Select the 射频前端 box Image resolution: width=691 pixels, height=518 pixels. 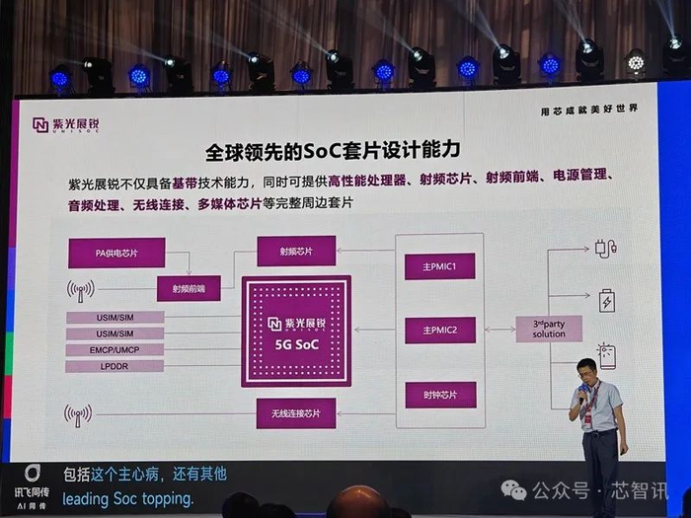click(188, 288)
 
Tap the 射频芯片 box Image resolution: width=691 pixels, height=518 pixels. click(296, 251)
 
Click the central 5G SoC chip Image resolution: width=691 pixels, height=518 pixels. click(296, 332)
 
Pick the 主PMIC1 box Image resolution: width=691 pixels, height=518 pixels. click(439, 266)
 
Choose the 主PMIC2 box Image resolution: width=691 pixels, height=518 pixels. click(439, 331)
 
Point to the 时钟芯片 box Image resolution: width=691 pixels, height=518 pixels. click(439, 396)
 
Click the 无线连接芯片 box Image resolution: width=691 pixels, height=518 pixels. click(296, 412)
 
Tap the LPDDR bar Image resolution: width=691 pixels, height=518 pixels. click(115, 366)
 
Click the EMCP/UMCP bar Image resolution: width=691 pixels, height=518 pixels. click(115, 349)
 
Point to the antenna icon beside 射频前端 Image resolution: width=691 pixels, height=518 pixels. click(81, 290)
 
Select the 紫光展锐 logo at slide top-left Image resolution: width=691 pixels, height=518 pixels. click(67, 124)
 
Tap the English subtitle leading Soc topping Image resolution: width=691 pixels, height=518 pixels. click(128, 499)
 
